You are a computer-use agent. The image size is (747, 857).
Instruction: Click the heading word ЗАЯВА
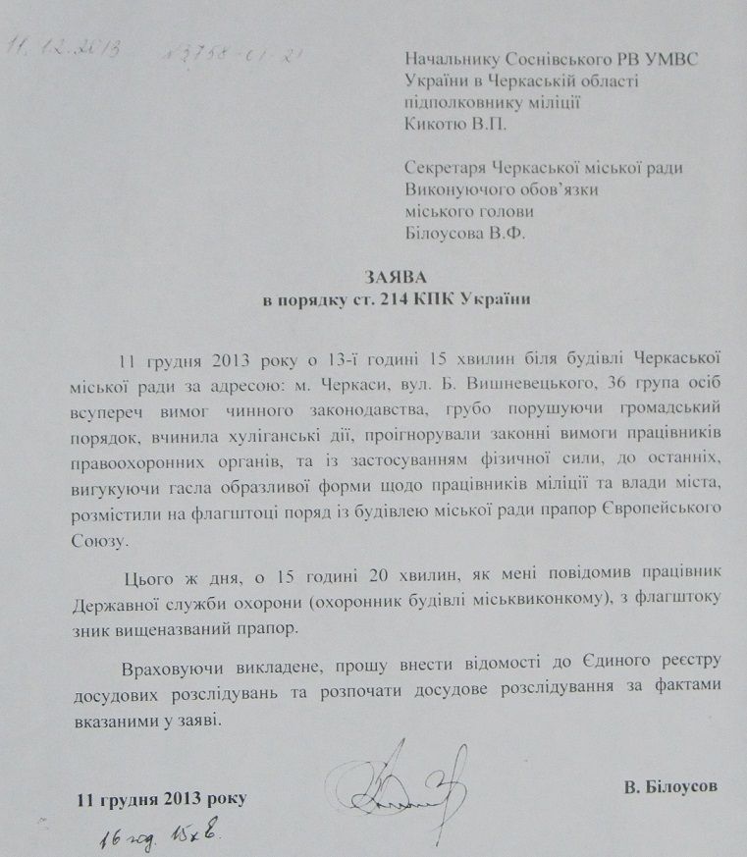tap(373, 278)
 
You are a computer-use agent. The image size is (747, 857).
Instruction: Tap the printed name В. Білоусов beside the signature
tap(669, 786)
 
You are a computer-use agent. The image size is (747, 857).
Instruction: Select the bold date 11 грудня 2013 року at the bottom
tap(162, 797)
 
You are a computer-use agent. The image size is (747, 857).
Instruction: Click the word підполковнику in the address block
tap(457, 101)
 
